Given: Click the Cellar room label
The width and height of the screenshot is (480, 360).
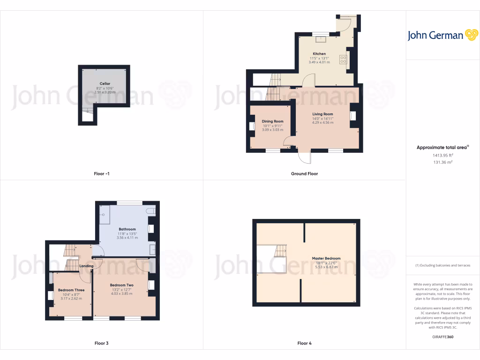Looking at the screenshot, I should tap(105, 83).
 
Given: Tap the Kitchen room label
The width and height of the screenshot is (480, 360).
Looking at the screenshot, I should tap(319, 54).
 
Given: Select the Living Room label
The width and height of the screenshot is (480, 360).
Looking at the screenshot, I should tap(322, 114).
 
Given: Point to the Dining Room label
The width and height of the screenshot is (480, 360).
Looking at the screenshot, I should tap(273, 121).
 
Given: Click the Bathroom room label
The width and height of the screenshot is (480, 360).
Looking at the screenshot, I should tap(127, 229).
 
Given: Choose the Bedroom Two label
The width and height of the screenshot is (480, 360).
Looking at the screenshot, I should tap(122, 285).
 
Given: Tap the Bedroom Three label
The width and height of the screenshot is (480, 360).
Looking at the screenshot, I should tap(71, 290).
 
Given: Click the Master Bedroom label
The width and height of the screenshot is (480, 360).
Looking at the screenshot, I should tap(326, 258).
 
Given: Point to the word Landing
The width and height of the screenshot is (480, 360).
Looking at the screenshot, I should tap(86, 266).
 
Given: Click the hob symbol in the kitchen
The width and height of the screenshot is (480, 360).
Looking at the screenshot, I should tap(343, 60).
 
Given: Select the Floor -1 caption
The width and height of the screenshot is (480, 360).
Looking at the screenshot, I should tap(102, 174).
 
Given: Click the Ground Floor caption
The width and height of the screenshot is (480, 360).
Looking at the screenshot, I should tap(304, 174).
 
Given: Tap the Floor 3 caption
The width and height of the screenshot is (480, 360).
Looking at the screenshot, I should tap(101, 344).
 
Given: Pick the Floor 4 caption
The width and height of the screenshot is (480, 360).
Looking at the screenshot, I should tap(304, 344).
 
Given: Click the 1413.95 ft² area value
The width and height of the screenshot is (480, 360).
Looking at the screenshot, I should tap(442, 155).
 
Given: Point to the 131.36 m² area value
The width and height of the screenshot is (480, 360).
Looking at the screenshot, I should tap(442, 163).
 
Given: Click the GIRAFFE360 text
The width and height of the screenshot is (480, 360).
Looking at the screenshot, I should tap(442, 337).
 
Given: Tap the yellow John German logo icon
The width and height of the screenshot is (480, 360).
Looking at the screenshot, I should tap(471, 35).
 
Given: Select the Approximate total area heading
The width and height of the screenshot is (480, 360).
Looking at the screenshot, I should tap(442, 148).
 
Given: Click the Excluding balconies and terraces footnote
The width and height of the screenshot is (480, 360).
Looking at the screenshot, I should tap(442, 266).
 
